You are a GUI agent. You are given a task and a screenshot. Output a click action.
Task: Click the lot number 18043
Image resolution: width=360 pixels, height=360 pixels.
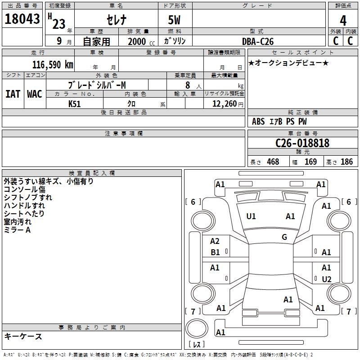click(x=22, y=20)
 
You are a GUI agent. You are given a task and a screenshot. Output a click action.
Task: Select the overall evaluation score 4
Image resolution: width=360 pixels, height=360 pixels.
click(x=343, y=20)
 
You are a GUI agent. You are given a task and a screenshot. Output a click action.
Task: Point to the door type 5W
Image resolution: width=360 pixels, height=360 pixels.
click(x=175, y=21)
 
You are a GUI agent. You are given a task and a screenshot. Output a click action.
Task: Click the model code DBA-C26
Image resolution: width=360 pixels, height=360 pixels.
click(x=258, y=41)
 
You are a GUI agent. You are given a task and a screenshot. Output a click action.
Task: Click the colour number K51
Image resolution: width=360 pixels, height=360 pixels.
click(x=75, y=103)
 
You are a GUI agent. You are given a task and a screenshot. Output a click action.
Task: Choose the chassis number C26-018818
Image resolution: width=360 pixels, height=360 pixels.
click(x=302, y=143)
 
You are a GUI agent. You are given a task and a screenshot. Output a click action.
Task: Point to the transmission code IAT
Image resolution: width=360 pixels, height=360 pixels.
click(x=13, y=94)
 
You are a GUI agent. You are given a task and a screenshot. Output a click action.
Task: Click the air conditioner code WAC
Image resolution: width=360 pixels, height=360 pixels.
click(x=35, y=94)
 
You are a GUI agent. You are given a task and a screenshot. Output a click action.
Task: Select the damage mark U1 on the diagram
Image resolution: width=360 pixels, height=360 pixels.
click(x=251, y=216)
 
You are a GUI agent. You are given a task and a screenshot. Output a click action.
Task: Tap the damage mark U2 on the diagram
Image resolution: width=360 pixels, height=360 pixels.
click(x=327, y=279)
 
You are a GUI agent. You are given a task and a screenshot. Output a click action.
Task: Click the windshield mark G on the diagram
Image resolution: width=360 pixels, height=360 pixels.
click(x=284, y=237)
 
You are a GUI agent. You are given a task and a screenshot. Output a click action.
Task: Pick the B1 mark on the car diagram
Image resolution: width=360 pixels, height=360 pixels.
click(x=216, y=252)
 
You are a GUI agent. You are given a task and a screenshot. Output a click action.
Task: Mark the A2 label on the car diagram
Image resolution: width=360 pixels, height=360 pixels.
click(x=215, y=241)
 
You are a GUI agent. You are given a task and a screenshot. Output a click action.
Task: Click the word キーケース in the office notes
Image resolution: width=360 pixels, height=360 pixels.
click(x=23, y=336)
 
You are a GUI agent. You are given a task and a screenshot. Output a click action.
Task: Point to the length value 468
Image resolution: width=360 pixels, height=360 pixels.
click(x=273, y=162)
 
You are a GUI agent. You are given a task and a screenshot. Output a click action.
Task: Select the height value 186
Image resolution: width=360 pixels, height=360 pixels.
click(x=346, y=162)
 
